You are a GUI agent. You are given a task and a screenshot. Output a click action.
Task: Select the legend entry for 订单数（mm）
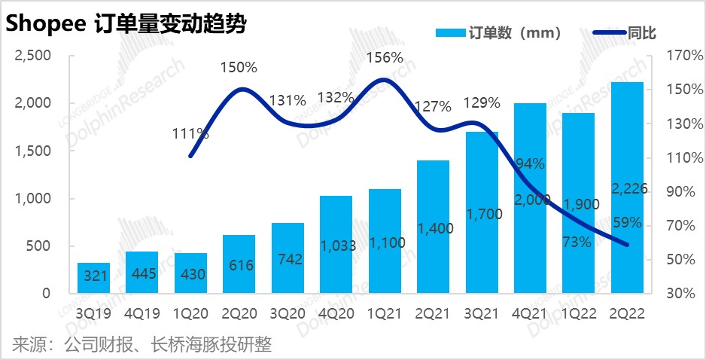498,32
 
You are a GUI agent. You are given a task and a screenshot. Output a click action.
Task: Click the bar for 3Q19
93,278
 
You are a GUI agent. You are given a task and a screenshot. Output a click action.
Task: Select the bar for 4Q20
336,245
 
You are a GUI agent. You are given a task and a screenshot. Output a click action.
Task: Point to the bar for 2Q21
433,227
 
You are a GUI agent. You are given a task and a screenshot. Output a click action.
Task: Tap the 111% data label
190,133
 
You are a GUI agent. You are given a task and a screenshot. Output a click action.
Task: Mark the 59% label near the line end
627,222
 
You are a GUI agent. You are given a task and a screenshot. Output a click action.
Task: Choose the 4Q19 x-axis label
142,308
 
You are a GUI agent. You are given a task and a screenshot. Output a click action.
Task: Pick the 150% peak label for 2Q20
239,67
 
